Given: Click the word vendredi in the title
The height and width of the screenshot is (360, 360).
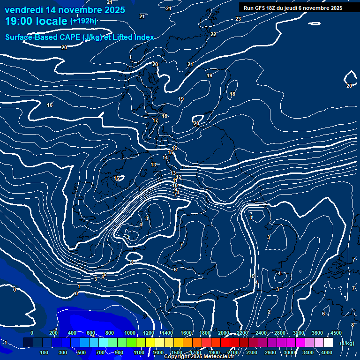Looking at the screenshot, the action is tap(24, 10).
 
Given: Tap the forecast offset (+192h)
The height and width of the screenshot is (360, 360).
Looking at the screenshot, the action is tap(83, 21).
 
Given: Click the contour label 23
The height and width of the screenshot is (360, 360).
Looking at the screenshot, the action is tap(238, 19).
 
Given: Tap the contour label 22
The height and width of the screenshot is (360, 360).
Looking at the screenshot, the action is tap(213, 34).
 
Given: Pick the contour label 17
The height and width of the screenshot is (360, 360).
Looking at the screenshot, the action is tap(155, 121).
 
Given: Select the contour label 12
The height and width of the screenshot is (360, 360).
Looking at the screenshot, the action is tap(179, 177).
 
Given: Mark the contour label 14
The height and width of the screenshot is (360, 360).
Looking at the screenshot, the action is tap(165, 158).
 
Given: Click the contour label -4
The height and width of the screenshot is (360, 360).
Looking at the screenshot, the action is tap(279, 273).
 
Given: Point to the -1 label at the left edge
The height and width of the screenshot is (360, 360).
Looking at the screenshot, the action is tap(4, 343).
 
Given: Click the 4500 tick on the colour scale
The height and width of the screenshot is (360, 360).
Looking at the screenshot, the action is tap(336, 333).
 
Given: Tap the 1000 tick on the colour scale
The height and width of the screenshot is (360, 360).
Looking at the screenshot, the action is tap(130, 333).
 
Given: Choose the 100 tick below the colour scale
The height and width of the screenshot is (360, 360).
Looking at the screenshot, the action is tap(45, 352).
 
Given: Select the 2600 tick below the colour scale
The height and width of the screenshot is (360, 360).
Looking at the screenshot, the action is tap(270, 352).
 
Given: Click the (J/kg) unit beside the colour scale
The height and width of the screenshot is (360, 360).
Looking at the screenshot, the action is tap(346, 344).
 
